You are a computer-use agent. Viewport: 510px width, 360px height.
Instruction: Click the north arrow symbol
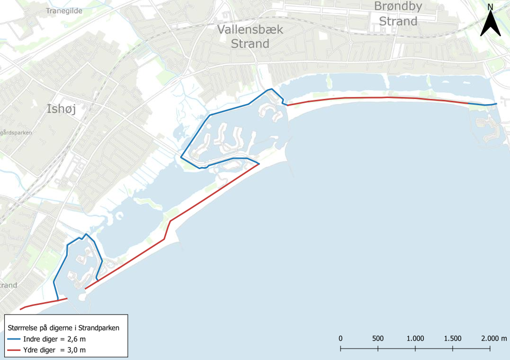490,24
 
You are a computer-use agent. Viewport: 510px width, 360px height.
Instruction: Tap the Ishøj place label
61,108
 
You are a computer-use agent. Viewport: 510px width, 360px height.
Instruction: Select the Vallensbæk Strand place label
250,36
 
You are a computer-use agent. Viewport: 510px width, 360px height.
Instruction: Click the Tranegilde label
64,11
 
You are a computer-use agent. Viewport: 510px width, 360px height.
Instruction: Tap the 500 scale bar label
378,338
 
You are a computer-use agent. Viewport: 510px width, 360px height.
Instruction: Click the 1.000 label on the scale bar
415,338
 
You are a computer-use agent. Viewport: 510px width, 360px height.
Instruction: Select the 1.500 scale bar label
453,338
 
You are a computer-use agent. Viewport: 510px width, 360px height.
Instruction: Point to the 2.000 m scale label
494,338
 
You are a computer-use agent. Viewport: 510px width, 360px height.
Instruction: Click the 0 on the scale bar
340,338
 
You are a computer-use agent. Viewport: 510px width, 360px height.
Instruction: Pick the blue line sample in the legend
14,339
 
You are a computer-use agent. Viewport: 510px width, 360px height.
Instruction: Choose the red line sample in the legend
14,350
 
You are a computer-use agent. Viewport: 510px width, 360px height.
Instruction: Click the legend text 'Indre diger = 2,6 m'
54,339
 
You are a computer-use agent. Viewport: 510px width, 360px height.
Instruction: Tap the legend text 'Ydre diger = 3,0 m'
54,350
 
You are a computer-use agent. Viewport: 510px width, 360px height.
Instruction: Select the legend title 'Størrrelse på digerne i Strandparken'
63,328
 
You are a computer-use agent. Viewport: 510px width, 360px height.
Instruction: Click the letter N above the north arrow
490,7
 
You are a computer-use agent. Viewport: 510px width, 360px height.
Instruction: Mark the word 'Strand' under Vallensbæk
250,44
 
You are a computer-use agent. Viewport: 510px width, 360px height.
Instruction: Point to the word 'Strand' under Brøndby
398,21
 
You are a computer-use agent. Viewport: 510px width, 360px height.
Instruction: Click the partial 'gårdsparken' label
16,132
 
